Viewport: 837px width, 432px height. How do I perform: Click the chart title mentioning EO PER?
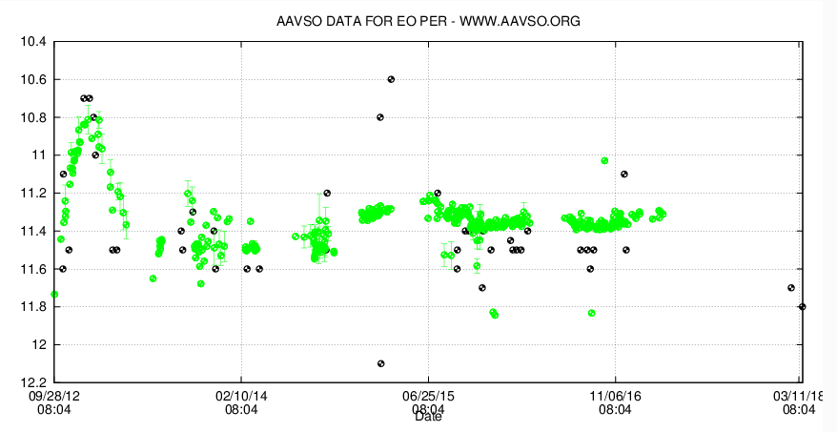(x=427, y=20)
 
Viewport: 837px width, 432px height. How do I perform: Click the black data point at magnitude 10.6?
(x=391, y=79)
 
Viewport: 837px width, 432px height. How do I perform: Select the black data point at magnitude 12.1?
(x=381, y=363)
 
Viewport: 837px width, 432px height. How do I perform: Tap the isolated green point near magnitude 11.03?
(x=604, y=160)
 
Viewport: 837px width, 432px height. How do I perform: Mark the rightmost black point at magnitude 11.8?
(x=802, y=306)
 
